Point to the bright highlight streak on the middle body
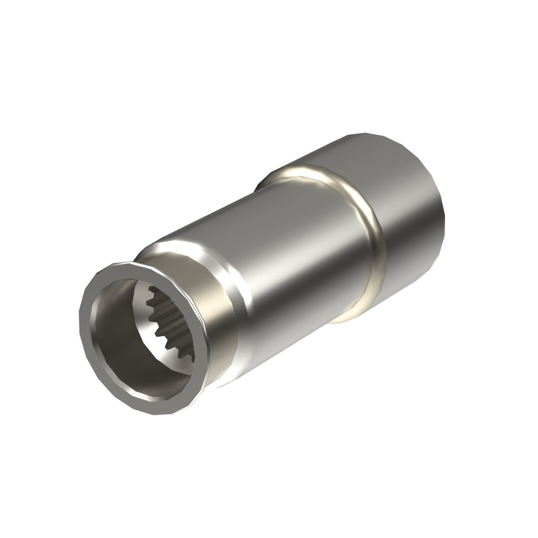(272, 238)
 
